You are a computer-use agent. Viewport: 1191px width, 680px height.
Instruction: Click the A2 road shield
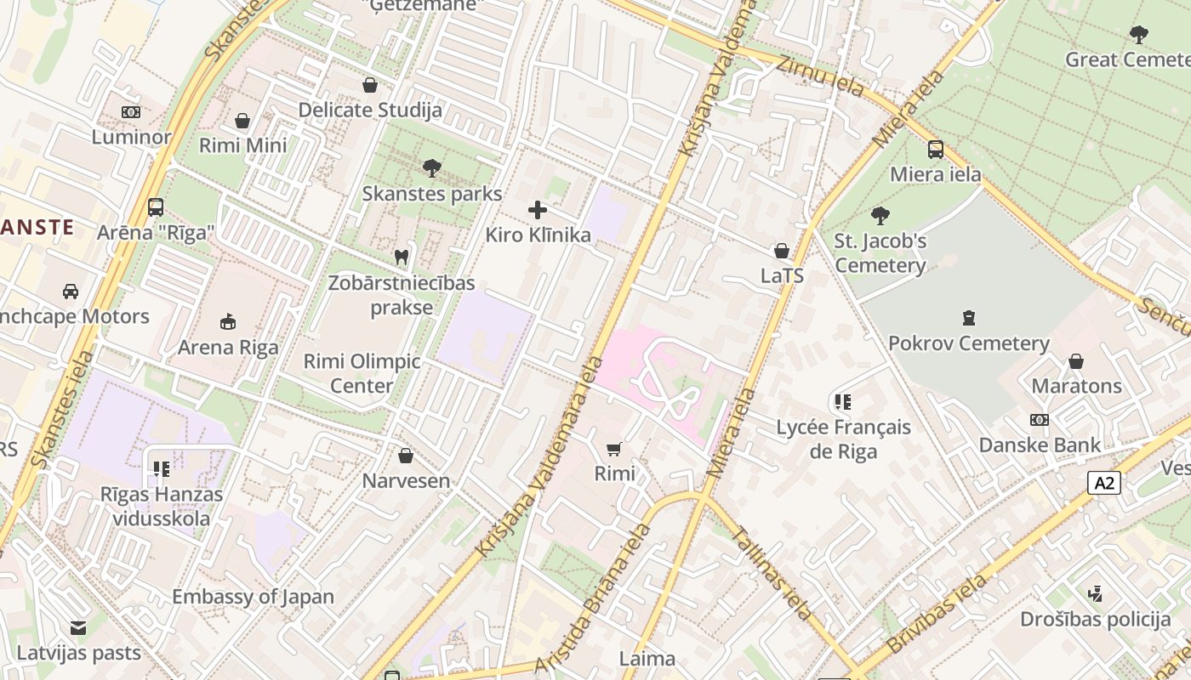coord(1103,484)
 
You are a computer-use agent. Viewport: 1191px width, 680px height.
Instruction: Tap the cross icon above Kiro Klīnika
coord(538,210)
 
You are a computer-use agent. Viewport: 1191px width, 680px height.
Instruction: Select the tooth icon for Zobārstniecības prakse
coord(402,256)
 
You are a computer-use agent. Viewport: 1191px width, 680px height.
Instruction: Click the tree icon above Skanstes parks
coord(432,167)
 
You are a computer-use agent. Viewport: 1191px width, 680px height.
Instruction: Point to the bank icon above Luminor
coord(131,112)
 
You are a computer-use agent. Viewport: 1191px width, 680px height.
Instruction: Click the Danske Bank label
coord(1040,445)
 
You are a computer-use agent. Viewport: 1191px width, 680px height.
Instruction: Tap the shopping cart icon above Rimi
coord(614,448)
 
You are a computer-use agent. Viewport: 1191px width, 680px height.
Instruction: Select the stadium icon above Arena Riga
coord(227,321)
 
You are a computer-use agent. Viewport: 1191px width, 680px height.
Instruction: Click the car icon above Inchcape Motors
coord(71,292)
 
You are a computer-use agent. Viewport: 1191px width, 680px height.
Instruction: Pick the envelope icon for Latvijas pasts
coord(78,628)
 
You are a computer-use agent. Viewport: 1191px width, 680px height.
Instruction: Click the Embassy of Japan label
coord(253,597)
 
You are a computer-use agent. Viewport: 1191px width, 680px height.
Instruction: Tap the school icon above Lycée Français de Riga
coord(843,401)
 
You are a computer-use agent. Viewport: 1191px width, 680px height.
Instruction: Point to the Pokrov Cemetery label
coord(968,343)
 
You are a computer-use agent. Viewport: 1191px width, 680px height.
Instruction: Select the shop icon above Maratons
coord(1076,361)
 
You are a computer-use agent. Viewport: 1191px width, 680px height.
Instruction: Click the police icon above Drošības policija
coord(1096,593)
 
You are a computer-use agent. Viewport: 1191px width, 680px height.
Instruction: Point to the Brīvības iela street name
coord(937,614)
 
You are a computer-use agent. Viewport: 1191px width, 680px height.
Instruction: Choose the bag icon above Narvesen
coord(406,456)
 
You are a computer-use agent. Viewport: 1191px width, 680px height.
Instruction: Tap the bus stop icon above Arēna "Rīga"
coord(156,207)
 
